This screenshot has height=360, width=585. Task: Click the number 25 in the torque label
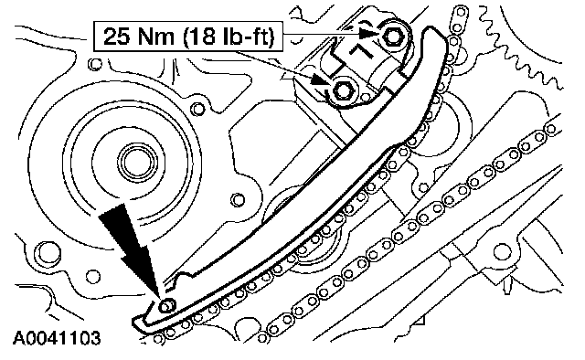116,37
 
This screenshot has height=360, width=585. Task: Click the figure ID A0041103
57,338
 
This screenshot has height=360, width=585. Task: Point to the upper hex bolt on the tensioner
393,37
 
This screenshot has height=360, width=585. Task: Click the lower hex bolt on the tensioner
343,90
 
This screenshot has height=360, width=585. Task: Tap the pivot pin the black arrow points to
166,306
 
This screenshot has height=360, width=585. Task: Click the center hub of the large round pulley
136,164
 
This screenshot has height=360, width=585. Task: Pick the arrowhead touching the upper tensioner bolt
369,33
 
